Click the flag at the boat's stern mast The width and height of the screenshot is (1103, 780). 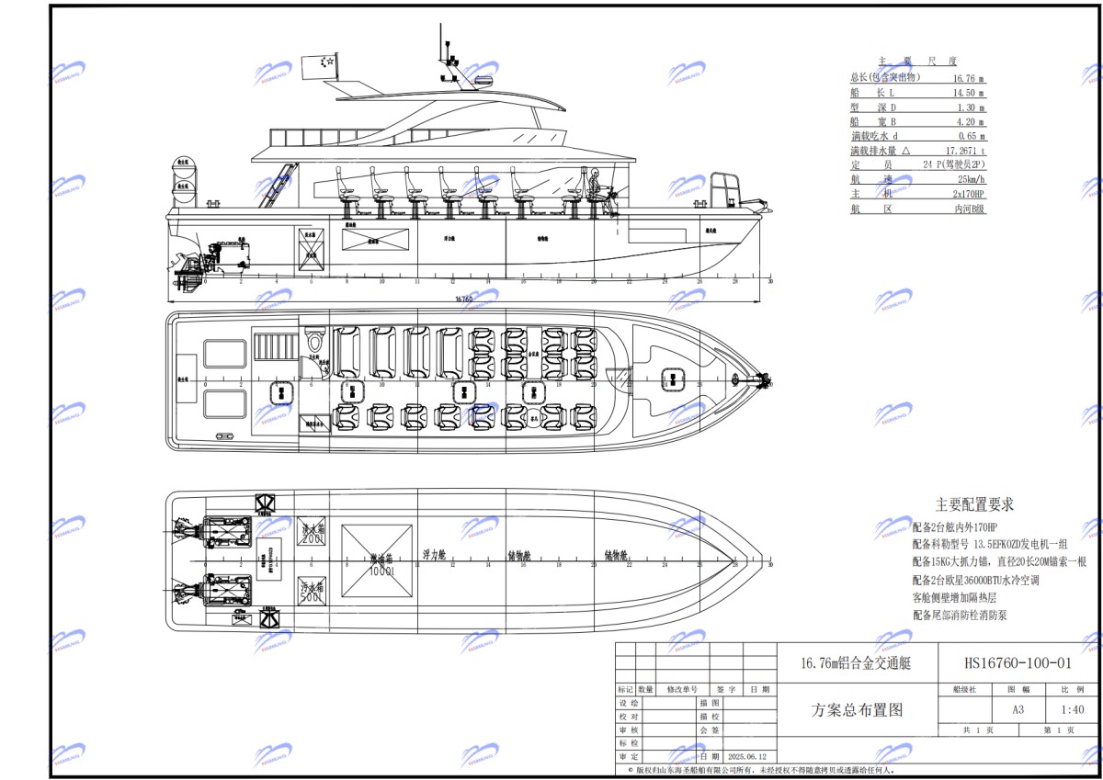click(x=325, y=62)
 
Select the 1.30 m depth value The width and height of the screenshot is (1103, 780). click(x=969, y=107)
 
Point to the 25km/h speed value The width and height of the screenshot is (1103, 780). click(x=969, y=180)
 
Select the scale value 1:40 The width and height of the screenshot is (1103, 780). click(x=1072, y=709)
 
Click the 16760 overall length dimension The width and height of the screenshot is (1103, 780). click(x=464, y=300)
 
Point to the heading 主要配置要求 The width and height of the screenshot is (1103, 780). click(x=974, y=504)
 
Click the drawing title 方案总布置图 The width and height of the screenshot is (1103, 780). click(x=857, y=709)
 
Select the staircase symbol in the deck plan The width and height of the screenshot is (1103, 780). click(x=271, y=348)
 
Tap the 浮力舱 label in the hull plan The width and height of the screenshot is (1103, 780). click(x=434, y=555)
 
